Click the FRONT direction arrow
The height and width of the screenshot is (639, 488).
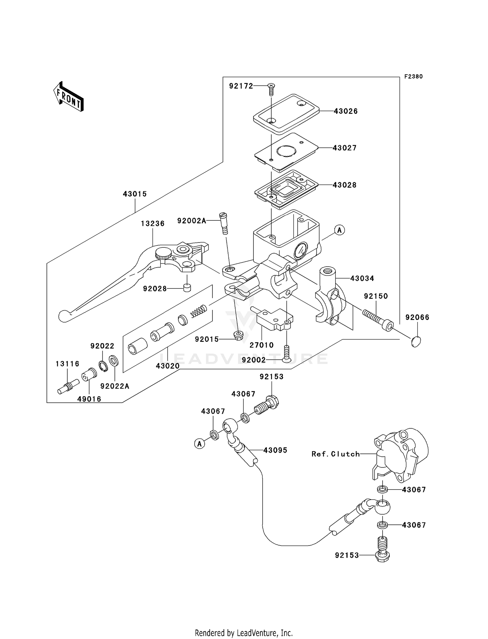(x=68, y=97)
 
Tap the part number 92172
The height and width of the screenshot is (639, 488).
(x=241, y=86)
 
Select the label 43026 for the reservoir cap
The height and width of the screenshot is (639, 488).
(x=346, y=111)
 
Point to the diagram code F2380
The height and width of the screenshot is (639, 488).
(x=413, y=76)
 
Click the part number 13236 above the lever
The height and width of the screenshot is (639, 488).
(x=153, y=224)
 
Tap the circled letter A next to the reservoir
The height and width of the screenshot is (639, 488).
(x=339, y=230)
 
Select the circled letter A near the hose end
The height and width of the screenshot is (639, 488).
(x=199, y=443)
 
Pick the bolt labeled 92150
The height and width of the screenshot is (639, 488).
(x=378, y=318)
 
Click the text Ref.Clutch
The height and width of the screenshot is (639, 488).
(x=335, y=454)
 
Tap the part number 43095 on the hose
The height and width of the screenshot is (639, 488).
(x=275, y=450)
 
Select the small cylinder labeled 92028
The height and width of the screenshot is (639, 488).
(x=187, y=288)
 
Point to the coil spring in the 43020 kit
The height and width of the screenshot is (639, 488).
(x=198, y=311)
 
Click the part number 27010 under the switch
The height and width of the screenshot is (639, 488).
(x=262, y=345)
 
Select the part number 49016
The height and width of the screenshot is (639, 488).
(x=89, y=399)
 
